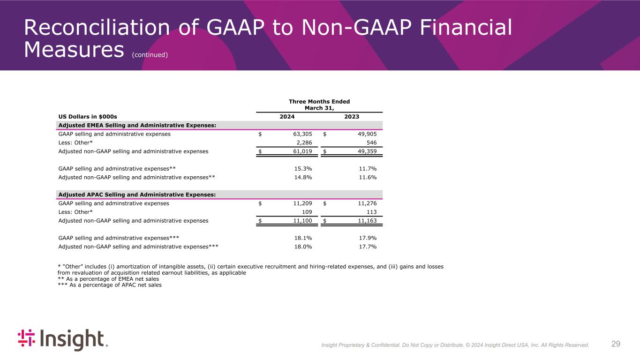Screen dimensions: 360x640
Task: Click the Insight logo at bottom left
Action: point(62,339)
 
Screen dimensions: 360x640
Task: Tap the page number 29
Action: point(616,344)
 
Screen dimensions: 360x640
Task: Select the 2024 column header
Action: point(287,117)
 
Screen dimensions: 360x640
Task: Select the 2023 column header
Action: point(352,117)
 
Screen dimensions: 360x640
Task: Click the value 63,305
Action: point(301,134)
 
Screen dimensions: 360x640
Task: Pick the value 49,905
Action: point(365,134)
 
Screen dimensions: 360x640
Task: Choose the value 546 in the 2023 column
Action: point(371,142)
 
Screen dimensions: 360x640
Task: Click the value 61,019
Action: point(301,151)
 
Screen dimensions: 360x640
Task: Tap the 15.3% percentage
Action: point(303,169)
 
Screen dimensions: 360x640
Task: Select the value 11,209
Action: point(301,203)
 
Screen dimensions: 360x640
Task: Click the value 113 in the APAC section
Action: point(371,212)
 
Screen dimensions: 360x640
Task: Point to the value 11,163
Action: point(365,220)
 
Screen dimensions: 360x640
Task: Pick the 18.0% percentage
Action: point(303,247)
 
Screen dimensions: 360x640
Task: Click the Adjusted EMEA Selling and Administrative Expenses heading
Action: point(137,125)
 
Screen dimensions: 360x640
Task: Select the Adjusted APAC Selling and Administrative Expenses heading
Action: point(137,195)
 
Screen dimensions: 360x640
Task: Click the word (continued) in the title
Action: point(150,55)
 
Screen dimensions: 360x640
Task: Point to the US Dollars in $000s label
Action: point(87,117)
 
